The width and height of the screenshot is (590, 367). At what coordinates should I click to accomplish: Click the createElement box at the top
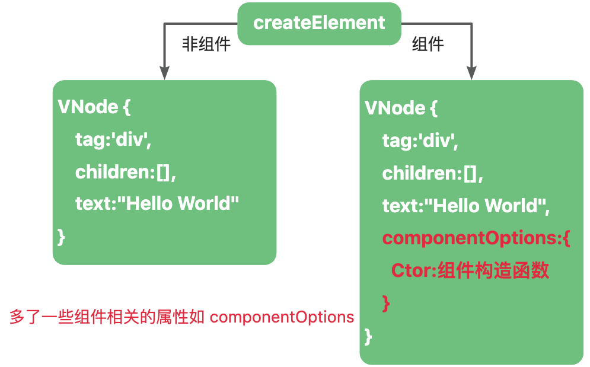click(x=319, y=23)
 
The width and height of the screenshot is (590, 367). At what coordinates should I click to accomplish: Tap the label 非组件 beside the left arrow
click(x=206, y=44)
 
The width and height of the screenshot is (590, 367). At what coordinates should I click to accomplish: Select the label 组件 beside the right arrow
click(x=428, y=44)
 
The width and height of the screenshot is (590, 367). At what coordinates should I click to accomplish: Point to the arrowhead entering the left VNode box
click(x=164, y=73)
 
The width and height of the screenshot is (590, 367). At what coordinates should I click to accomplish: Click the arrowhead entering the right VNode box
click(x=471, y=73)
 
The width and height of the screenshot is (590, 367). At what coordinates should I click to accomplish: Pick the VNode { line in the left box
click(x=94, y=107)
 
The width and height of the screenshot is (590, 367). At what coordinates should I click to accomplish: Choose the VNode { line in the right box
click(x=401, y=108)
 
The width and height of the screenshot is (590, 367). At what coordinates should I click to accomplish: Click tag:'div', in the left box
click(x=113, y=140)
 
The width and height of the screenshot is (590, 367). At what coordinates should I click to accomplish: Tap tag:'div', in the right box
click(x=420, y=141)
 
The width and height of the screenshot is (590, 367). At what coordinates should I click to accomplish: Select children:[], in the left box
click(x=126, y=173)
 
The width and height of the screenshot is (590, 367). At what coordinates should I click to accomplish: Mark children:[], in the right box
click(x=433, y=174)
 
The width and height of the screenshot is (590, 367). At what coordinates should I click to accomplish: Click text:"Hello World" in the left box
click(x=157, y=203)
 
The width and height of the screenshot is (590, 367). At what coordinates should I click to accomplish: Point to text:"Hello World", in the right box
click(x=466, y=206)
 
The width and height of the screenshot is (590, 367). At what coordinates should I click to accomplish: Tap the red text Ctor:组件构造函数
click(x=470, y=270)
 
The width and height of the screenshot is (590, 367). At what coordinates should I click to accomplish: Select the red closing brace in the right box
click(x=386, y=304)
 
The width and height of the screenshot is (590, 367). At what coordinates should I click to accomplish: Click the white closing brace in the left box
click(x=61, y=237)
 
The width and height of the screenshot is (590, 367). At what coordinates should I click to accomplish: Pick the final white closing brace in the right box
click(x=368, y=336)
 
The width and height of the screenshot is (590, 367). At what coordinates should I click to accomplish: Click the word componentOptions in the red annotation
click(x=282, y=317)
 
